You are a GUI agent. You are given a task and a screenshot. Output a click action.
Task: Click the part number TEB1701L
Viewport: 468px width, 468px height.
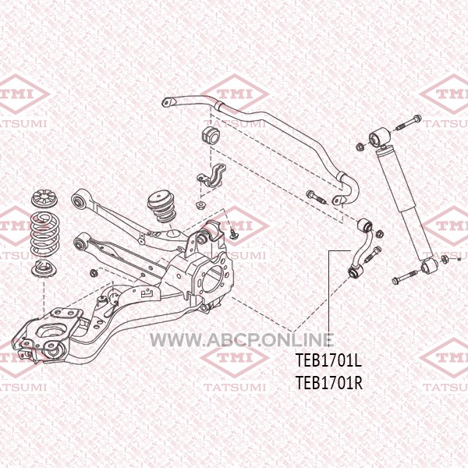[x=328, y=360]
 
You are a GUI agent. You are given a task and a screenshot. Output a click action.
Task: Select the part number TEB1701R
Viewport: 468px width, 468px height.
[x=329, y=383]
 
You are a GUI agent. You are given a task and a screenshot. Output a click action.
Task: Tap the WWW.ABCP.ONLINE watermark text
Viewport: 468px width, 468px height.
[x=242, y=339]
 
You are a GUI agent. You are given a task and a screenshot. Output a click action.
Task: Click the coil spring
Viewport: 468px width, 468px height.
[x=45, y=235]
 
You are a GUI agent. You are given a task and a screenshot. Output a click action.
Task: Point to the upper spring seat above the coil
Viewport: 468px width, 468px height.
[x=44, y=199]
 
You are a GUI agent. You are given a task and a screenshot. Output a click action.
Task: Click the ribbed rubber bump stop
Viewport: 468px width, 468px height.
[x=162, y=207]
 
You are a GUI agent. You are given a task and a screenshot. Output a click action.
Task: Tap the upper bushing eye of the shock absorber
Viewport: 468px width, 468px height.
[x=379, y=136]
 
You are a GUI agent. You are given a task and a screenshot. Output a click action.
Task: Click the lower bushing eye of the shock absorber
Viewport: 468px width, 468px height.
[x=429, y=266]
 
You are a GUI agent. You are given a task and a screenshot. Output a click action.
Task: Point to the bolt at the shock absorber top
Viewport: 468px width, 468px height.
[x=409, y=122]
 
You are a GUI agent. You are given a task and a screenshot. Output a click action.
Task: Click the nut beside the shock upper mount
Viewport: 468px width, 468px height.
[x=360, y=147]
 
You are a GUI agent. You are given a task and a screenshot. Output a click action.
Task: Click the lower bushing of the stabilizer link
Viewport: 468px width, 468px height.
[x=354, y=271]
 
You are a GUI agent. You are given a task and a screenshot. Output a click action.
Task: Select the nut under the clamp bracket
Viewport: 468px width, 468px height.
[x=200, y=205]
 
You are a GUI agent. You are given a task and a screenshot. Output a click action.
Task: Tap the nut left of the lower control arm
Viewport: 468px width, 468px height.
[x=94, y=272]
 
